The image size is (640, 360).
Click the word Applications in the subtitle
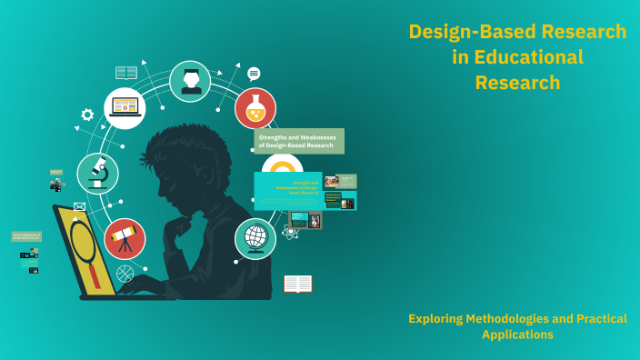pyautogui.click(x=517, y=335)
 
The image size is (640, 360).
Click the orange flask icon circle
pyautogui.click(x=255, y=108)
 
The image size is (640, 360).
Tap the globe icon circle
pyautogui.click(x=255, y=238)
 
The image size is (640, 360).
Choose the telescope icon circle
pyautogui.click(x=125, y=239)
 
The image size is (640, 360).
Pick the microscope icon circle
pyautogui.click(x=97, y=173)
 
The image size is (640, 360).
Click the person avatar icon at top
pyautogui.click(x=190, y=81)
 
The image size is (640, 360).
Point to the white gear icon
pyautogui.click(x=87, y=115)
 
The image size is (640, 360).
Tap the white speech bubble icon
pyautogui.click(x=254, y=74)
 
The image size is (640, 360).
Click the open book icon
pyautogui.click(x=297, y=285)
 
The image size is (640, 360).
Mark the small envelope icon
pyautogui.click(x=79, y=207)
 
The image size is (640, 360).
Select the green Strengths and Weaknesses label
pyautogui.click(x=299, y=141)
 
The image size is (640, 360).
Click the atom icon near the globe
pyautogui.click(x=290, y=232)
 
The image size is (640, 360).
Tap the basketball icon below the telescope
pyautogui.click(x=125, y=273)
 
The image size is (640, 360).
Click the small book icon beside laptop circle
pyautogui.click(x=126, y=73)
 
